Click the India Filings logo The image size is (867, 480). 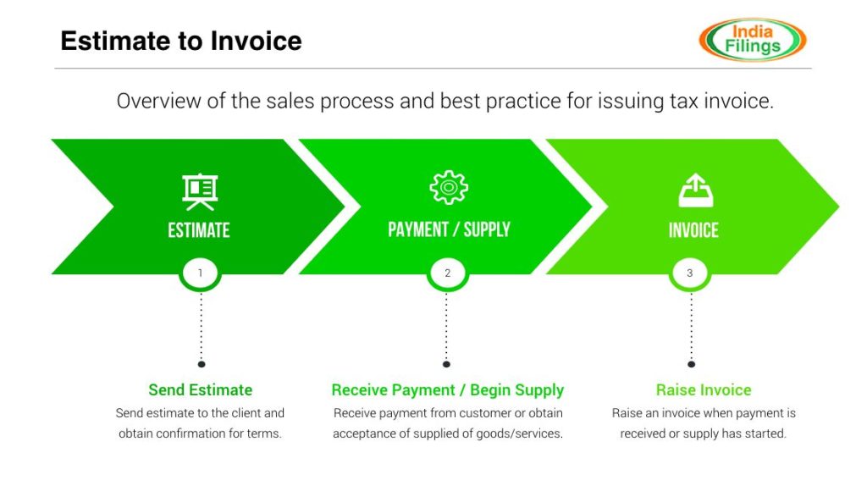752,39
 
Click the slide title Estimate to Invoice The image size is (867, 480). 181,41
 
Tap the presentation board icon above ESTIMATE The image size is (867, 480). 200,191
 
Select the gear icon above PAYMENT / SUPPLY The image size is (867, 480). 449,187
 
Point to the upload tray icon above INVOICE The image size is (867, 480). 695,190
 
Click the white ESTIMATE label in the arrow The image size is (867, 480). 199,230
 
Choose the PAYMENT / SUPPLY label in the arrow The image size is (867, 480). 449,229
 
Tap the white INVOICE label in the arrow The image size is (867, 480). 693,230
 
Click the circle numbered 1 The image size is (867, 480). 201,273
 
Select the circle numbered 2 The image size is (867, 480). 447,273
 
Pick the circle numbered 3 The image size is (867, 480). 690,273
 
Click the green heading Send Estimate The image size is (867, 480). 201,390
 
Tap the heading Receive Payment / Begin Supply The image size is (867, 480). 447,390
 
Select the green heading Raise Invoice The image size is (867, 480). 704,390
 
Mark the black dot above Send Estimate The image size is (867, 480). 202,364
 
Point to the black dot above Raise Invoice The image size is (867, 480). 691,364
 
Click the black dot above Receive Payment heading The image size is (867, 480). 447,364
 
